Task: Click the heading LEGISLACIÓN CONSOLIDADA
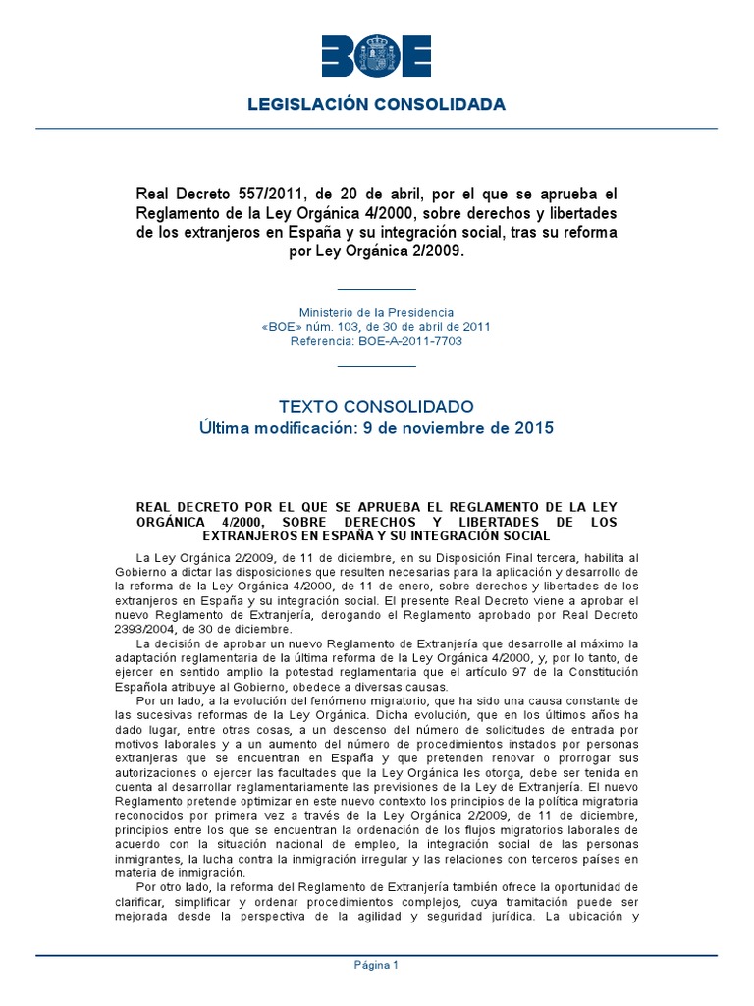[x=377, y=104]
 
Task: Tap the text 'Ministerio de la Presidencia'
[x=377, y=311]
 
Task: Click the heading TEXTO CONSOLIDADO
[x=377, y=406]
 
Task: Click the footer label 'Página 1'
[x=377, y=965]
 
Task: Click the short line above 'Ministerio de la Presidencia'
[x=377, y=289]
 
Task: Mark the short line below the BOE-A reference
[x=377, y=365]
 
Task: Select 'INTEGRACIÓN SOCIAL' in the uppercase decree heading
[x=487, y=536]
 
